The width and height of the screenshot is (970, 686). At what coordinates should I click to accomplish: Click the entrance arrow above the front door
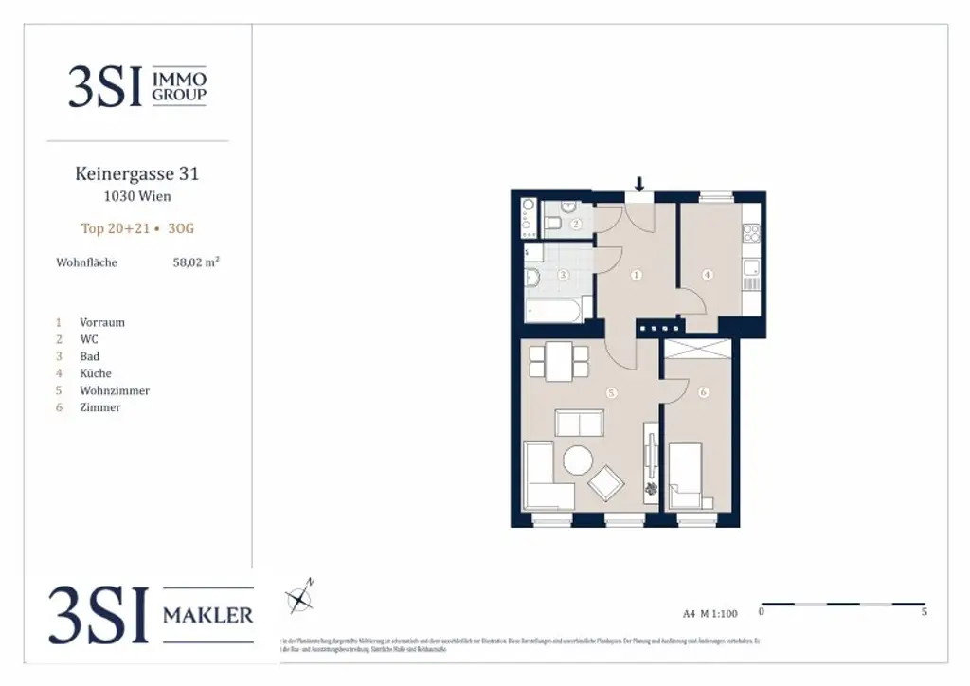pyautogui.click(x=639, y=184)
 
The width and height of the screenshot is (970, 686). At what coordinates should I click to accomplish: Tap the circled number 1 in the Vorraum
pyautogui.click(x=636, y=275)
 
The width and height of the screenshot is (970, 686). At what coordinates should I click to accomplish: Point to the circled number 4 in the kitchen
pyautogui.click(x=707, y=275)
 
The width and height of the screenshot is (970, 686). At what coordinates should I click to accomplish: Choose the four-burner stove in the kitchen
pyautogui.click(x=751, y=232)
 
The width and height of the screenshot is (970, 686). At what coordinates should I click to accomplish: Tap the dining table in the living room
pyautogui.click(x=558, y=361)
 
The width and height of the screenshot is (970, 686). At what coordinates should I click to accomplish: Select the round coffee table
pyautogui.click(x=578, y=461)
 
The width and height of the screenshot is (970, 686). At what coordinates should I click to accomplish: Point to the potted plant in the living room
pyautogui.click(x=652, y=490)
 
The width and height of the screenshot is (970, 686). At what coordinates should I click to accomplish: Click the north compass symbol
pyautogui.click(x=300, y=597)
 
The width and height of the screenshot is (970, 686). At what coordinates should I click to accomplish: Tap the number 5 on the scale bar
pyautogui.click(x=924, y=612)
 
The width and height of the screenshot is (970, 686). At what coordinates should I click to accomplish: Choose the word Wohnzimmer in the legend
pyautogui.click(x=115, y=390)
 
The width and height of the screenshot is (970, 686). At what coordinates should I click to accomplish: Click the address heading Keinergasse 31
pyautogui.click(x=137, y=174)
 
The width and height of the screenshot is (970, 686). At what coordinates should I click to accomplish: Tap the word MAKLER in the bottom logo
pyautogui.click(x=207, y=616)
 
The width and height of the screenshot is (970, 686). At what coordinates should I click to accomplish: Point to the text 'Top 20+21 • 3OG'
pyautogui.click(x=137, y=228)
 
